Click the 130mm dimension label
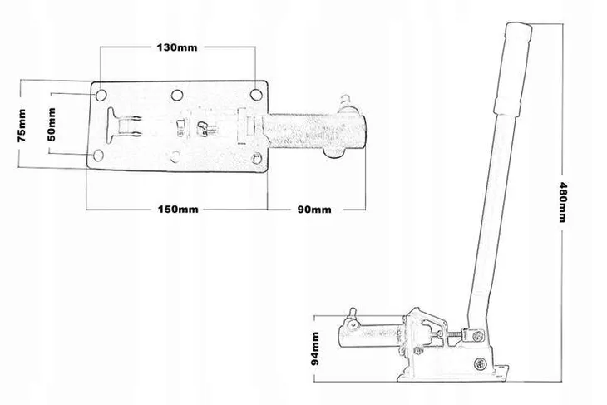176,47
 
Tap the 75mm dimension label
22,125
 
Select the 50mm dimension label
52,124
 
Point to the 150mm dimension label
178,210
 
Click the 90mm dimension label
314,210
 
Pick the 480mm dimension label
562,202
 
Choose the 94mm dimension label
315,348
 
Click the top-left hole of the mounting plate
101,95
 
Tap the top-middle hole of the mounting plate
177,95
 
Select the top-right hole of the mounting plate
256,95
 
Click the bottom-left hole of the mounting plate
98,156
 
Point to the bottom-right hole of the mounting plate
256,158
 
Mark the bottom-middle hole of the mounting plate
175,157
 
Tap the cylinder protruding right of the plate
313,131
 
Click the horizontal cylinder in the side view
370,335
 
